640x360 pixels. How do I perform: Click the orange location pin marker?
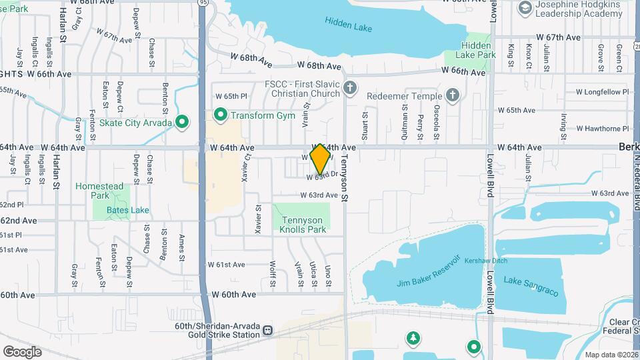pyautogui.click(x=321, y=159)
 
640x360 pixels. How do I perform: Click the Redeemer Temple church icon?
pyautogui.click(x=453, y=95)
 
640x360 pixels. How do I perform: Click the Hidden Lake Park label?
pyautogui.click(x=479, y=50)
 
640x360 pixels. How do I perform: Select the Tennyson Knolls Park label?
pyautogui.click(x=302, y=225)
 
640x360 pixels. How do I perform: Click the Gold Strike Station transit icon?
pyautogui.click(x=268, y=330)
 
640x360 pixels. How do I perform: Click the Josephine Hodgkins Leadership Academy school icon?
pyautogui.click(x=525, y=7)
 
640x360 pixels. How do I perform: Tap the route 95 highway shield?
pyautogui.click(x=202, y=3)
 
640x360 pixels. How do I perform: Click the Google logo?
pyautogui.click(x=22, y=351)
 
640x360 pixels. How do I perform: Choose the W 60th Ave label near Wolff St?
pyautogui.click(x=233, y=294)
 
